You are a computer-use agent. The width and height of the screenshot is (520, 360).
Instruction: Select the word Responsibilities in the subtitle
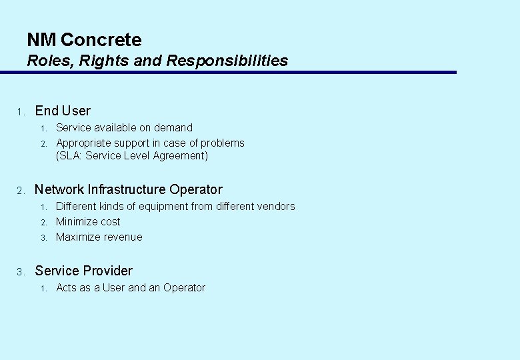227,61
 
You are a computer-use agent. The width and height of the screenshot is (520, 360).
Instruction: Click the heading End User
63,111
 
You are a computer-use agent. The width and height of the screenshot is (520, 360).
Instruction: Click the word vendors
273,206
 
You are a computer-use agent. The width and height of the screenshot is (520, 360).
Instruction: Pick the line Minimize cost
88,221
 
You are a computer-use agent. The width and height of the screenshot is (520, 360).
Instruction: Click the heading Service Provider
83,271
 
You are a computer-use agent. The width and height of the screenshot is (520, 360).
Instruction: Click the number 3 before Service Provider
21,271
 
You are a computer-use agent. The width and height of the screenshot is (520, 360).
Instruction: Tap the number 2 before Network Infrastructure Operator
21,190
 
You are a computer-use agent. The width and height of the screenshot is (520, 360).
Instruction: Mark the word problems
223,143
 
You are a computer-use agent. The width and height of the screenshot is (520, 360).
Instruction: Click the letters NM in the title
41,40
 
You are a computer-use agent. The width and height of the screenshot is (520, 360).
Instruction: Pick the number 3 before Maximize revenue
42,237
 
